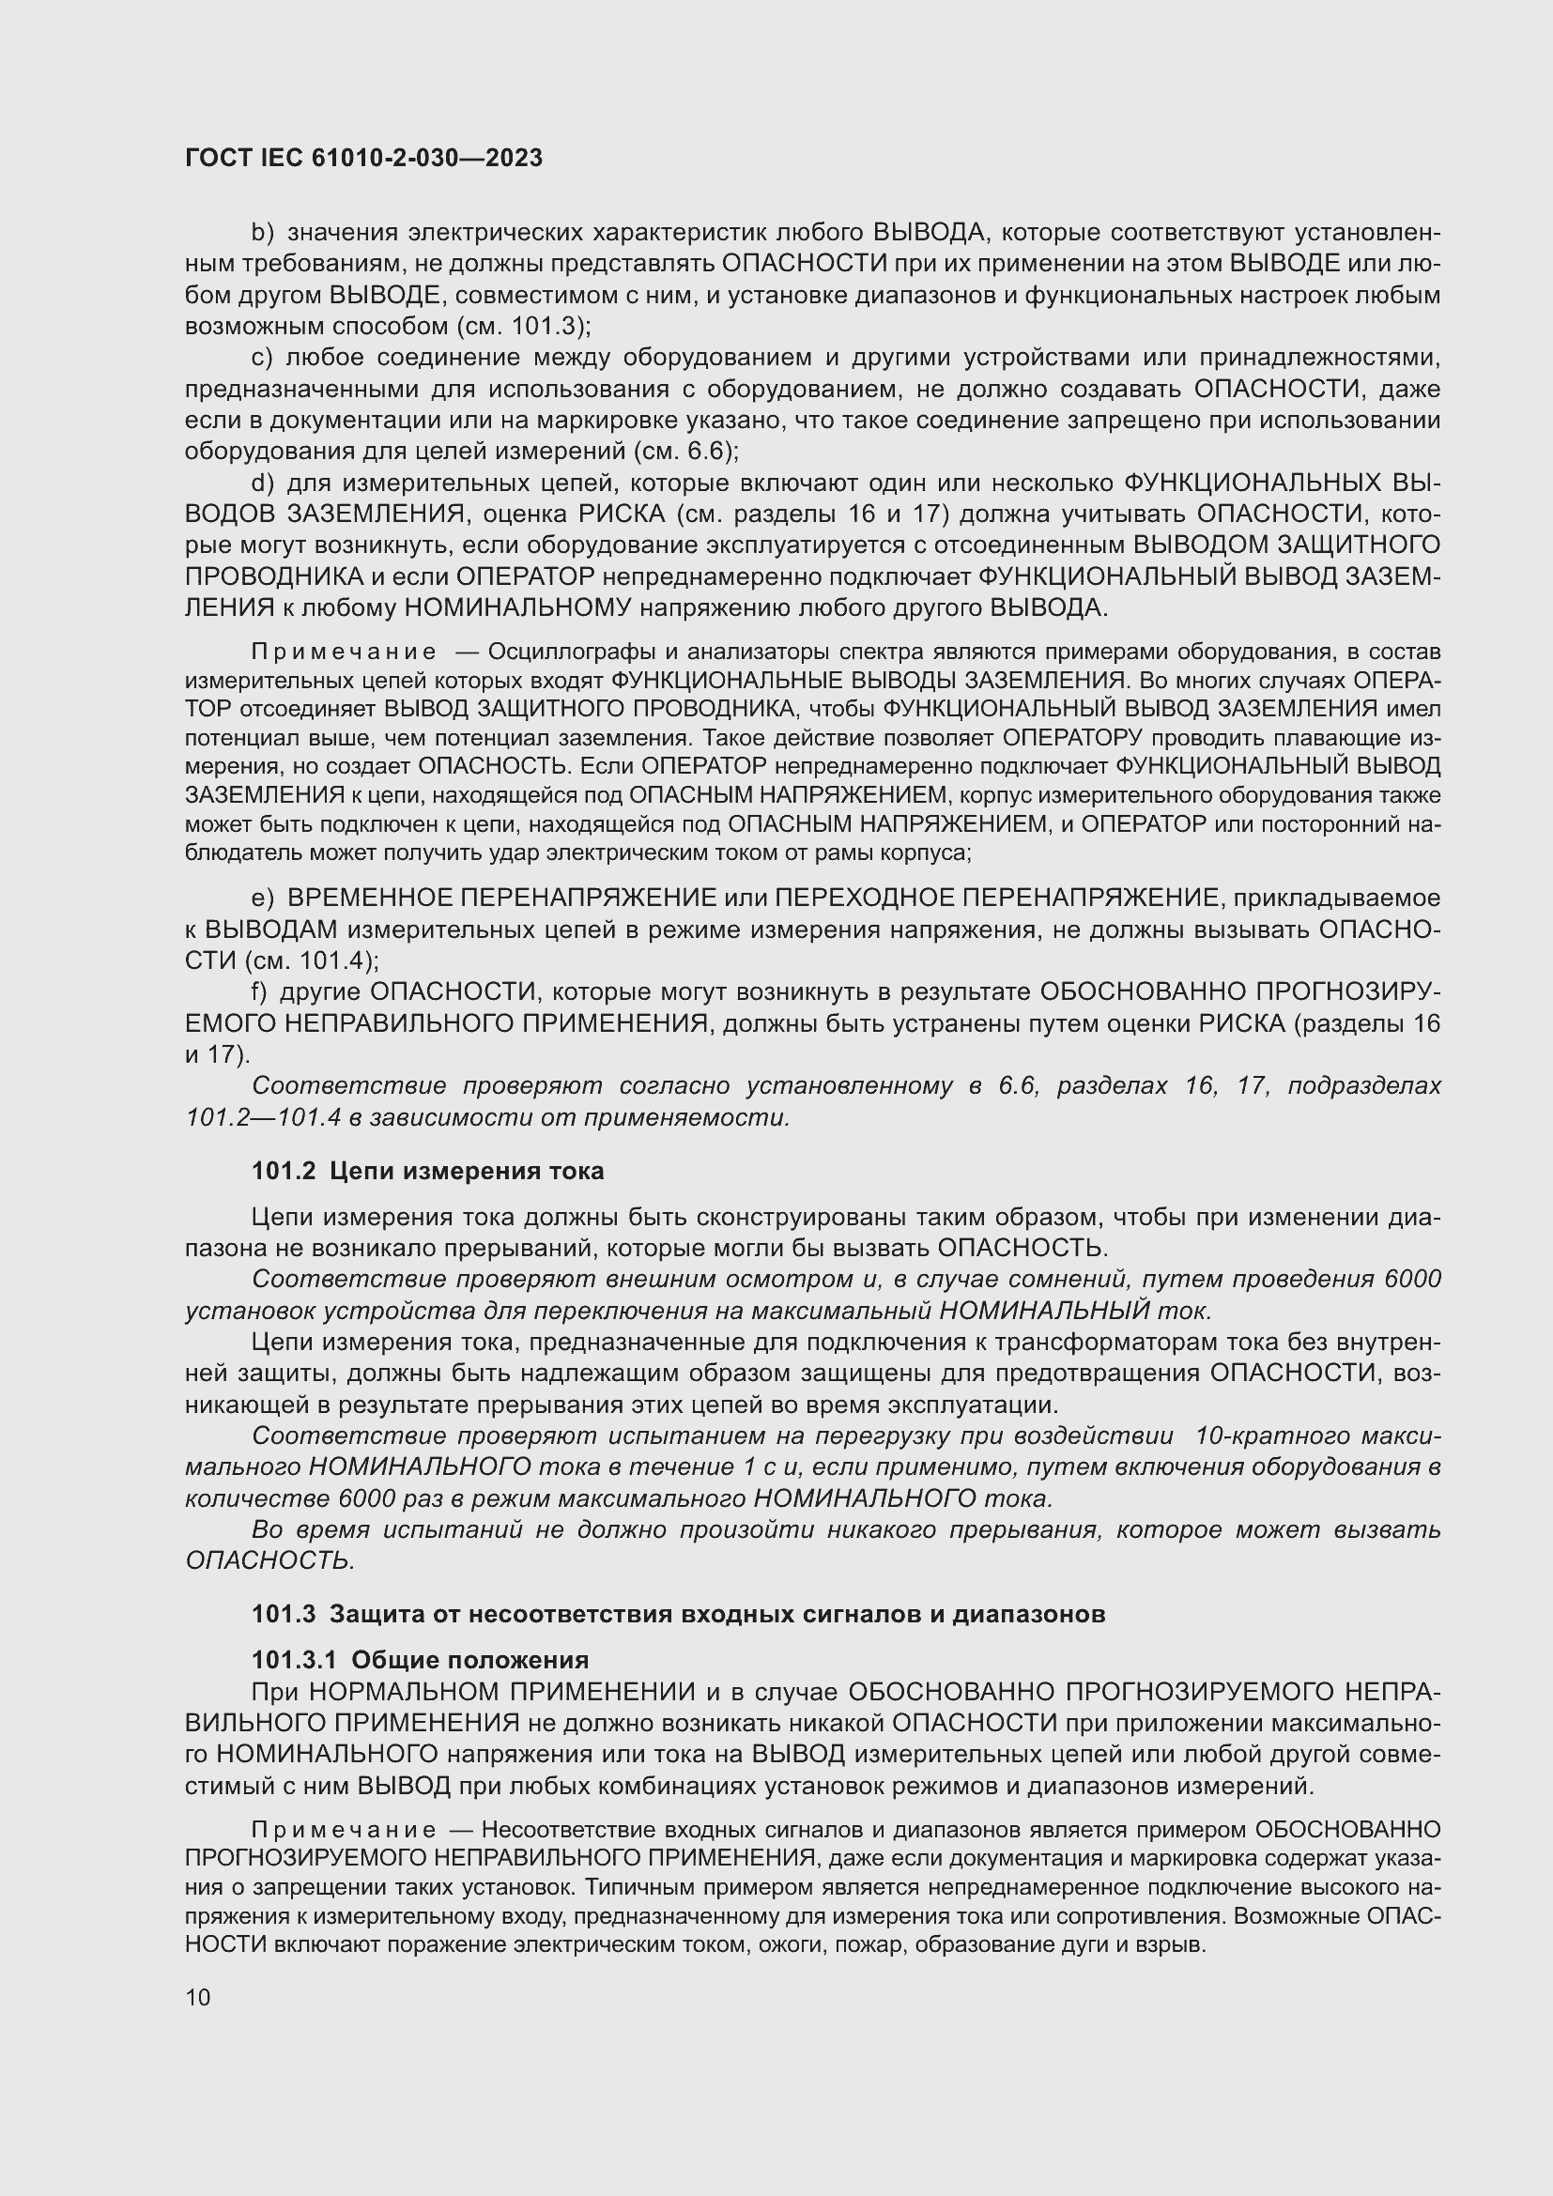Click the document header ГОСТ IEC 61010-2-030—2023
pyautogui.click(x=363, y=158)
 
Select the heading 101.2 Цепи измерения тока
pyautogui.click(x=427, y=1171)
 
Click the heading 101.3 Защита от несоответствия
pyautogui.click(x=678, y=1614)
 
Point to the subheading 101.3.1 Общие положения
pyautogui.click(x=420, y=1659)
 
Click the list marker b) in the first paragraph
pyautogui.click(x=262, y=233)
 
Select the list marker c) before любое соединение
pyautogui.click(x=262, y=358)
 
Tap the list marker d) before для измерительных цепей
pyautogui.click(x=262, y=483)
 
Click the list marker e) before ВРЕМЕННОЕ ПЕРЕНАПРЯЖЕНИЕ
pyautogui.click(x=262, y=898)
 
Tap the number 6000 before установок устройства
pyautogui.click(x=1411, y=1279)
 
